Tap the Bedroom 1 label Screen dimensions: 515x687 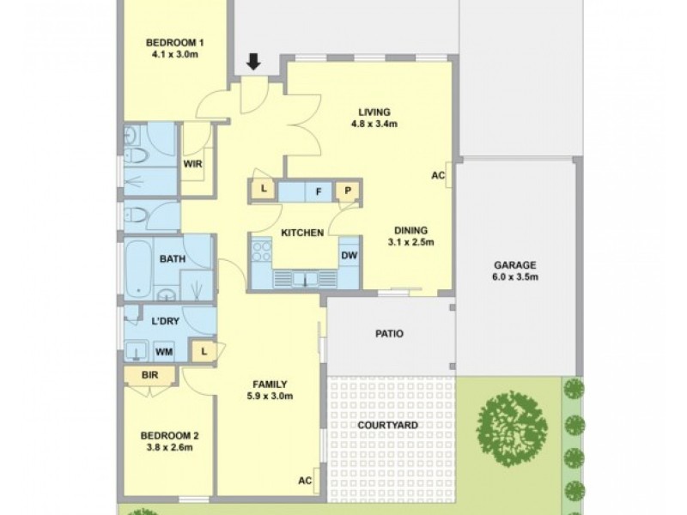tap(174, 43)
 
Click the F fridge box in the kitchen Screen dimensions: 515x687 tap(319, 191)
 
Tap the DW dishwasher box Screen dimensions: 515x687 tap(349, 255)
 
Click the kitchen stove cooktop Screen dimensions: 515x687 tap(262, 251)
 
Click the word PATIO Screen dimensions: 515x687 tap(389, 334)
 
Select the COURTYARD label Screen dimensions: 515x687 tap(389, 425)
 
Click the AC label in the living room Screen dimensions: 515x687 tap(438, 175)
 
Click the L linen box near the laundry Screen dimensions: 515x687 tap(204, 350)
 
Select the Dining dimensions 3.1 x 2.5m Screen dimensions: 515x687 tap(410, 242)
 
